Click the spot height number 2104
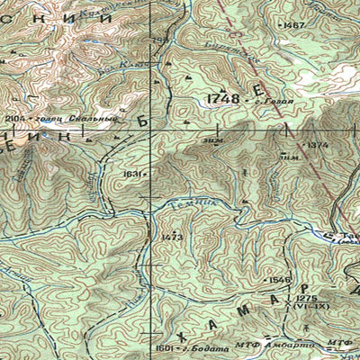click(14, 118)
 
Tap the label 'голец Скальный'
click(63, 118)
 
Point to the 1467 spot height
click(293, 26)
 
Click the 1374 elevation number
click(317, 145)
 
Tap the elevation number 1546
click(280, 280)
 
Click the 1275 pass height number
click(306, 298)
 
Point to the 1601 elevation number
click(163, 347)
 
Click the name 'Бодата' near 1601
click(195, 347)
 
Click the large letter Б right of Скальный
click(139, 117)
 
